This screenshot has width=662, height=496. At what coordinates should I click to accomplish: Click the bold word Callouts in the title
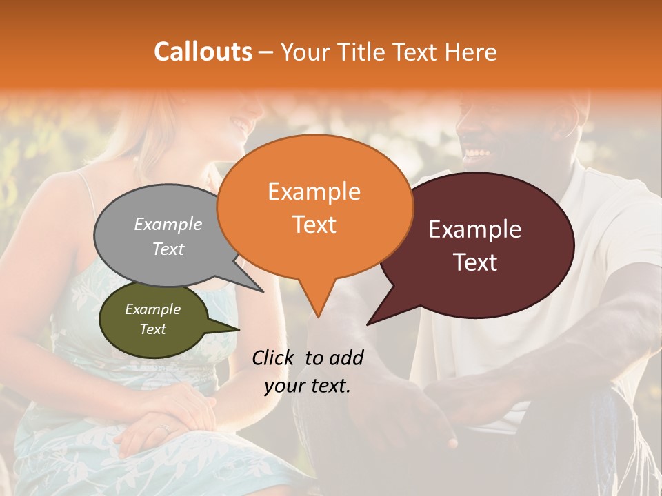[x=203, y=52]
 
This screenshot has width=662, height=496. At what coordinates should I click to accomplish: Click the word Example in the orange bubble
[x=314, y=192]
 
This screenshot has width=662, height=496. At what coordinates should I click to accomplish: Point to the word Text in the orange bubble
[x=314, y=225]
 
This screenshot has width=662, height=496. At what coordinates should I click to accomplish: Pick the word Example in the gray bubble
[x=168, y=224]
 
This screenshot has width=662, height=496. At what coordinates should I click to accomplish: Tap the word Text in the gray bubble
[x=168, y=249]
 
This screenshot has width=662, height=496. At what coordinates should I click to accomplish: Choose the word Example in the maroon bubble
[x=475, y=229]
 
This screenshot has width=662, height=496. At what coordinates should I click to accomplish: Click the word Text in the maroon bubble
[x=475, y=262]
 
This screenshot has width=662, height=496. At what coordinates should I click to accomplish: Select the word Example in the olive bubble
[x=153, y=309]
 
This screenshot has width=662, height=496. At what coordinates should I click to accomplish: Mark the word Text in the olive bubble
[x=153, y=329]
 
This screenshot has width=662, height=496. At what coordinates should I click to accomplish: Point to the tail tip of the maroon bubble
[x=368, y=324]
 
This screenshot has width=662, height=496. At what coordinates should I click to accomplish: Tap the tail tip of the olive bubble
[x=239, y=329]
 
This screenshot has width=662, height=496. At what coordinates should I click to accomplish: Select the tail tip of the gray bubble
[x=263, y=291]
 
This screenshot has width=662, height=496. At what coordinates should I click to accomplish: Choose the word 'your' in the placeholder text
[x=284, y=386]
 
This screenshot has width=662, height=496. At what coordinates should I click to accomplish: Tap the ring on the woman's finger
[x=164, y=428]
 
